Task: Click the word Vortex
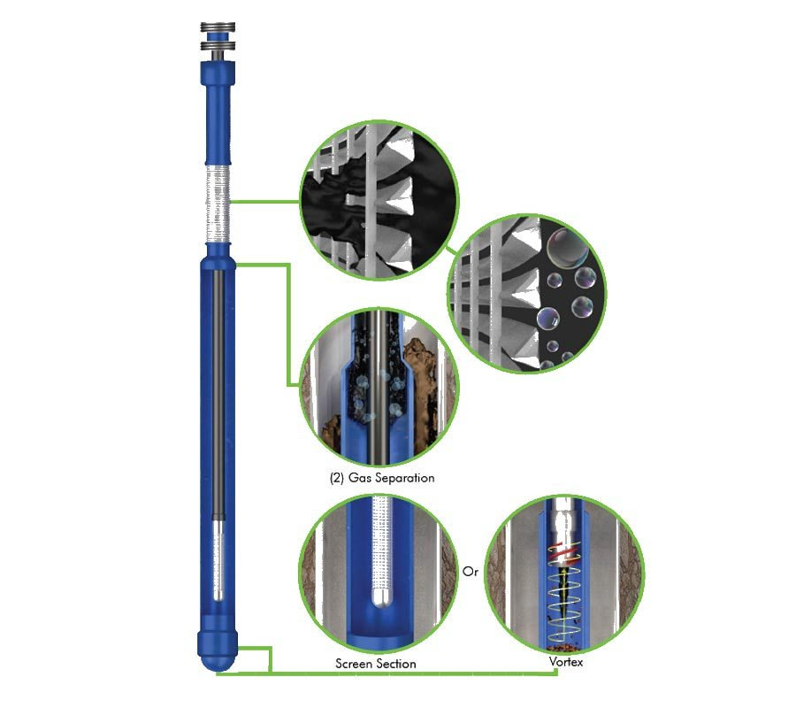(565, 662)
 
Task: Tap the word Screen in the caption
(352, 664)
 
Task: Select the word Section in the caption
(394, 664)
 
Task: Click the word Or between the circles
(471, 572)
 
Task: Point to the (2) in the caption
(337, 478)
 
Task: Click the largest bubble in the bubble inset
(568, 249)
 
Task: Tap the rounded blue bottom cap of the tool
(218, 652)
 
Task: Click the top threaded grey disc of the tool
(218, 27)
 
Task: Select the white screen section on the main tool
(218, 204)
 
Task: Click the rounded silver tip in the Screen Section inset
(380, 597)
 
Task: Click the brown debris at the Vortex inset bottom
(566, 647)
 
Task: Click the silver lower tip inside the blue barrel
(218, 558)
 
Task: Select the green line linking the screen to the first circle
(264, 202)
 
